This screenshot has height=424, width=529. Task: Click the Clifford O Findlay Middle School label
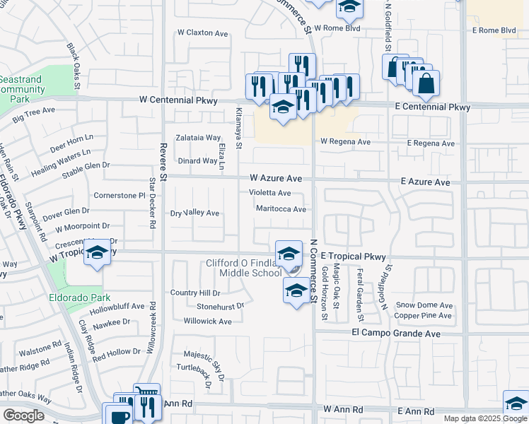(x=243, y=268)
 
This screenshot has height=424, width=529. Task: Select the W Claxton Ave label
(x=203, y=33)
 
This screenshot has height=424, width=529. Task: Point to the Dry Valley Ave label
(x=195, y=213)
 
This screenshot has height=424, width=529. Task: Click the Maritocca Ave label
(x=281, y=209)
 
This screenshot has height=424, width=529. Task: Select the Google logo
(x=23, y=415)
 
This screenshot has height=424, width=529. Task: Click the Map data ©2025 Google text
(x=485, y=418)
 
